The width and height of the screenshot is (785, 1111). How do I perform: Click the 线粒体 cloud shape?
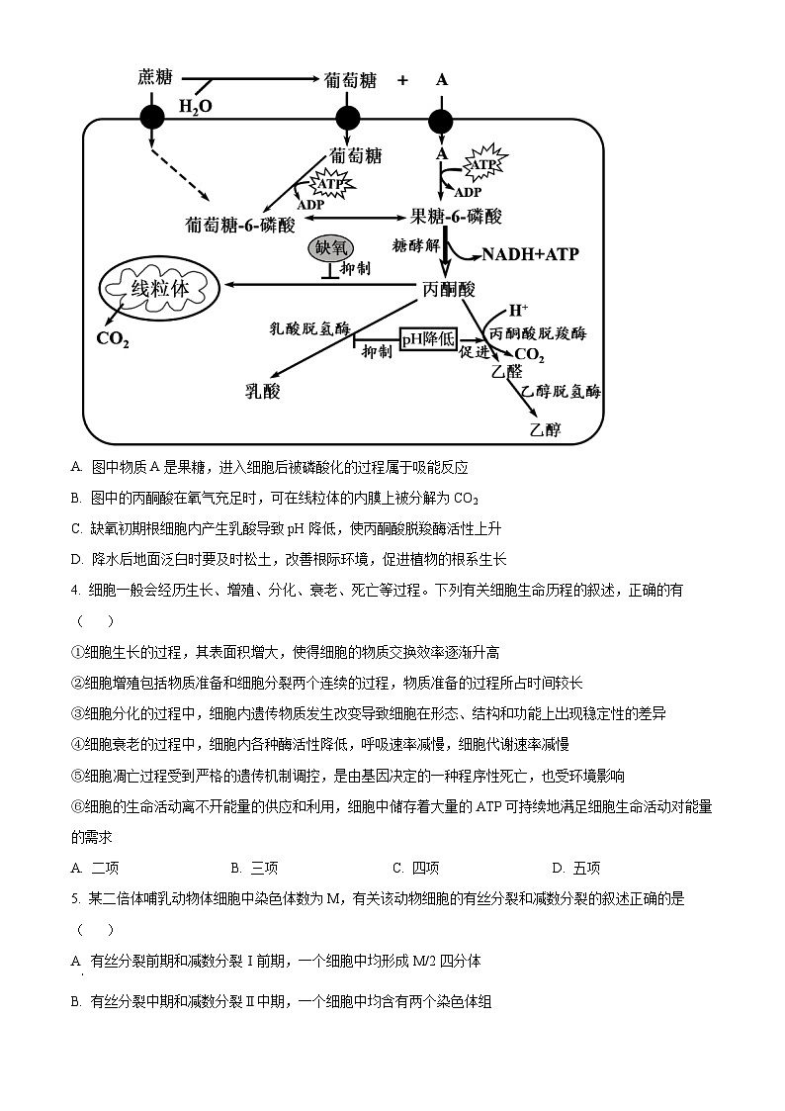point(158,288)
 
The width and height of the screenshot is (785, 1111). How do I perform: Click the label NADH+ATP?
point(530,254)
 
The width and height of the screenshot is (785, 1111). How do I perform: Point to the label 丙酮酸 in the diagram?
point(448,289)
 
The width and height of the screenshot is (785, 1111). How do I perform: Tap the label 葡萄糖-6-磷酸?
point(240,225)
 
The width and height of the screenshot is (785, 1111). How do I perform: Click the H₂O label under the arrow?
point(195,106)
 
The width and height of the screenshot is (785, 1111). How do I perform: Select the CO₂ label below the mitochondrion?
point(112,338)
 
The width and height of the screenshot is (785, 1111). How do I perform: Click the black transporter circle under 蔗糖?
point(151,119)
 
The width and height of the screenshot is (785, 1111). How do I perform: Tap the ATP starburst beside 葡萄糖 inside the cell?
point(330,183)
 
